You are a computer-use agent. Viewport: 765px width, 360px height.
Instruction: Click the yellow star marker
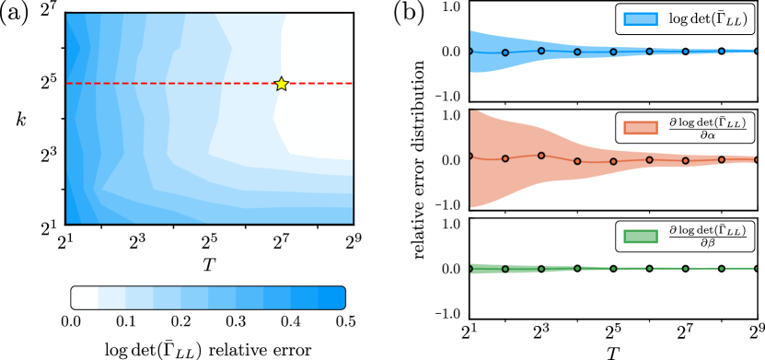coord(281,84)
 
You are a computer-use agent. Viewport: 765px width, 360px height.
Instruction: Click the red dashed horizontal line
coord(166,84)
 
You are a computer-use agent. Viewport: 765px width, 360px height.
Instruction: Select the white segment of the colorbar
coord(85,297)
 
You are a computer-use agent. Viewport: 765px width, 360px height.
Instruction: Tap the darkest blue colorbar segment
coord(331,297)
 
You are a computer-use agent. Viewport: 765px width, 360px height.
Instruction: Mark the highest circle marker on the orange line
coord(541,155)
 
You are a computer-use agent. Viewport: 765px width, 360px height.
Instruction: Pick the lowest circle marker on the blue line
coord(505,52)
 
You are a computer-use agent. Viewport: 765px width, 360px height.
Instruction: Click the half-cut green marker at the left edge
coord(471,269)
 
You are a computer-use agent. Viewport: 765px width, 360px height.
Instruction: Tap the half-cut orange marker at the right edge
coord(755,160)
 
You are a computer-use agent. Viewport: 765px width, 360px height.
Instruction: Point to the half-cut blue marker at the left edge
coord(471,52)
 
